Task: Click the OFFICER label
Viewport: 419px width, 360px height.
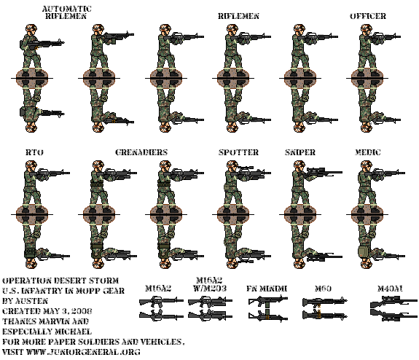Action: point(367,15)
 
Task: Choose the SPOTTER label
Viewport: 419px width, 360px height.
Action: point(238,152)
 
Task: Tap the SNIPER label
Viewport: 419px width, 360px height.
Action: point(300,152)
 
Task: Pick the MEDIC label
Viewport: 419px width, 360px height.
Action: point(367,152)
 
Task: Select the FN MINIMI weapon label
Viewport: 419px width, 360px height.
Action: point(267,288)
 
